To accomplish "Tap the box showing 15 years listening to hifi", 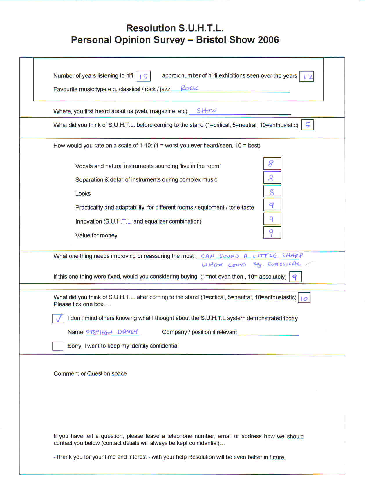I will pos(144,76).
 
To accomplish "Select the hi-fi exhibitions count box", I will pos(307,77).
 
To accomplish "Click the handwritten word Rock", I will pos(189,88).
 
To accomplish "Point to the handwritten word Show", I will pos(206,110).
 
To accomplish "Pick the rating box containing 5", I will pos(308,125).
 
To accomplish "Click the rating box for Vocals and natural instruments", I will pos(272,164).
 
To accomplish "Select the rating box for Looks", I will pos(272,191).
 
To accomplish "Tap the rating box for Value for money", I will pos(272,233).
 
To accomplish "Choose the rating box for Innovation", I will pos(272,219).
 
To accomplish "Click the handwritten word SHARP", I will pos(292,255).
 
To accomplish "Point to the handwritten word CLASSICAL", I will pos(284,264).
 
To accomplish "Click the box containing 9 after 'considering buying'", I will pos(295,277).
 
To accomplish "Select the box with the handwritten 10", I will pos(304,298).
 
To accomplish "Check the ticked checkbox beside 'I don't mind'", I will pos(58,318).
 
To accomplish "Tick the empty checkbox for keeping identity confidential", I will pos(58,346).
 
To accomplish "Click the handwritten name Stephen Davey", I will pos(113,332).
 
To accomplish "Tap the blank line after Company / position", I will pos(269,333).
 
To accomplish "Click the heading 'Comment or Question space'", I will pos(90,373).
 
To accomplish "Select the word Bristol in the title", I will pos(211,40).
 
